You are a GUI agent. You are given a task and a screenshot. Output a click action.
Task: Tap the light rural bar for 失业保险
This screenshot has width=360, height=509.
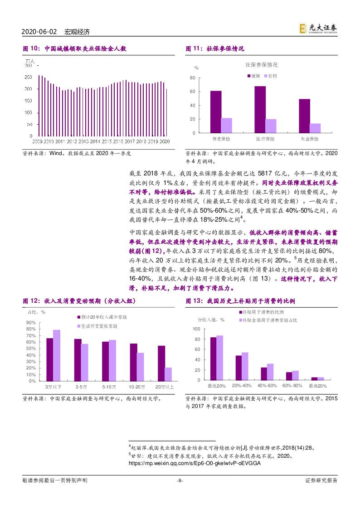coord(315,128)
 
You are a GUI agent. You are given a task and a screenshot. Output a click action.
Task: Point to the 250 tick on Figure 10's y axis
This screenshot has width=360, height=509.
coord(28,77)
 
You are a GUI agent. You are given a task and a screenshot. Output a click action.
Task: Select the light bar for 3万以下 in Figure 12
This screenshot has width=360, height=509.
coord(57,355)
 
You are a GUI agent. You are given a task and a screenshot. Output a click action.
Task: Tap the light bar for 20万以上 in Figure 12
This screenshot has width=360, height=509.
coord(168,374)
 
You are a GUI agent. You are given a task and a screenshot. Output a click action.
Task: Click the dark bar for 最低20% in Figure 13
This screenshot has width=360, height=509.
coord(213,359)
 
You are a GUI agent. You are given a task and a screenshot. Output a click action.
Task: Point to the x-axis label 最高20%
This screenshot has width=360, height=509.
coord(317,386)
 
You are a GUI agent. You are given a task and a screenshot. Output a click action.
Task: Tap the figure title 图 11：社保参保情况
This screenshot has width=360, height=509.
coord(215,48)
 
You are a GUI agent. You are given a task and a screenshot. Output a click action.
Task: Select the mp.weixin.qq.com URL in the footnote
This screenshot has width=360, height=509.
coord(195,463)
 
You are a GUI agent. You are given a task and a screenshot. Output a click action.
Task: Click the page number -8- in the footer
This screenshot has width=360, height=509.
coord(180,480)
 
